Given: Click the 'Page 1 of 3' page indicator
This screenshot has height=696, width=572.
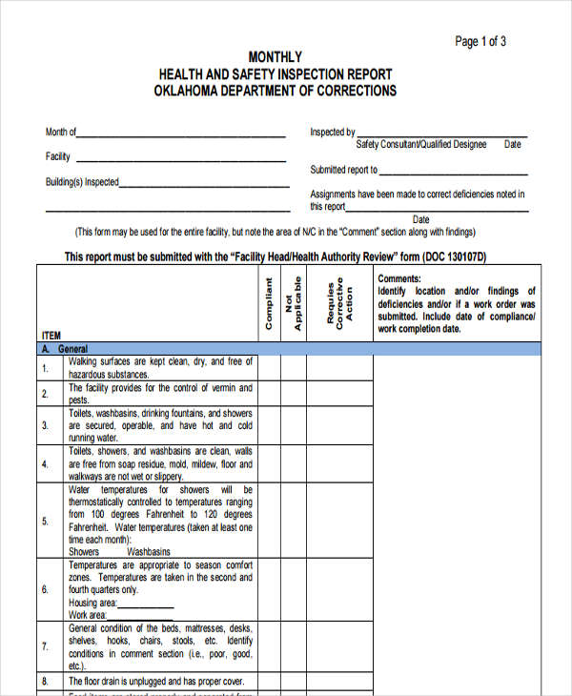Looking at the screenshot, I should point(480,41).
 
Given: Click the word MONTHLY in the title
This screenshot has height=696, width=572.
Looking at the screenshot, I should point(275,57).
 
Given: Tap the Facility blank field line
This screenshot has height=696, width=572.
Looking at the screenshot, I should point(180,160).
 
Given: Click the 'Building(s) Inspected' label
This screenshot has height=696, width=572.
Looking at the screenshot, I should point(82,181).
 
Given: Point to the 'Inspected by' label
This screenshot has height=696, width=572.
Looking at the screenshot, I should point(332,133).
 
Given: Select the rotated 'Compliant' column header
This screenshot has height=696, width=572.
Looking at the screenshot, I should point(269,303).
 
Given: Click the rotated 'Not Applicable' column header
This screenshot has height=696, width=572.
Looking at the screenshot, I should point(293,303).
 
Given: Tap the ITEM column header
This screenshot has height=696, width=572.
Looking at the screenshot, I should point(51,336).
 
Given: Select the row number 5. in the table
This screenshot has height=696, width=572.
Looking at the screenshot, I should point(45,521).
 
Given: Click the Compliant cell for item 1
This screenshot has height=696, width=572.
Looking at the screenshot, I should point(269,368).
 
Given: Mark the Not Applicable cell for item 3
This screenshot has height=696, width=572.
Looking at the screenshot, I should point(293,426).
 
